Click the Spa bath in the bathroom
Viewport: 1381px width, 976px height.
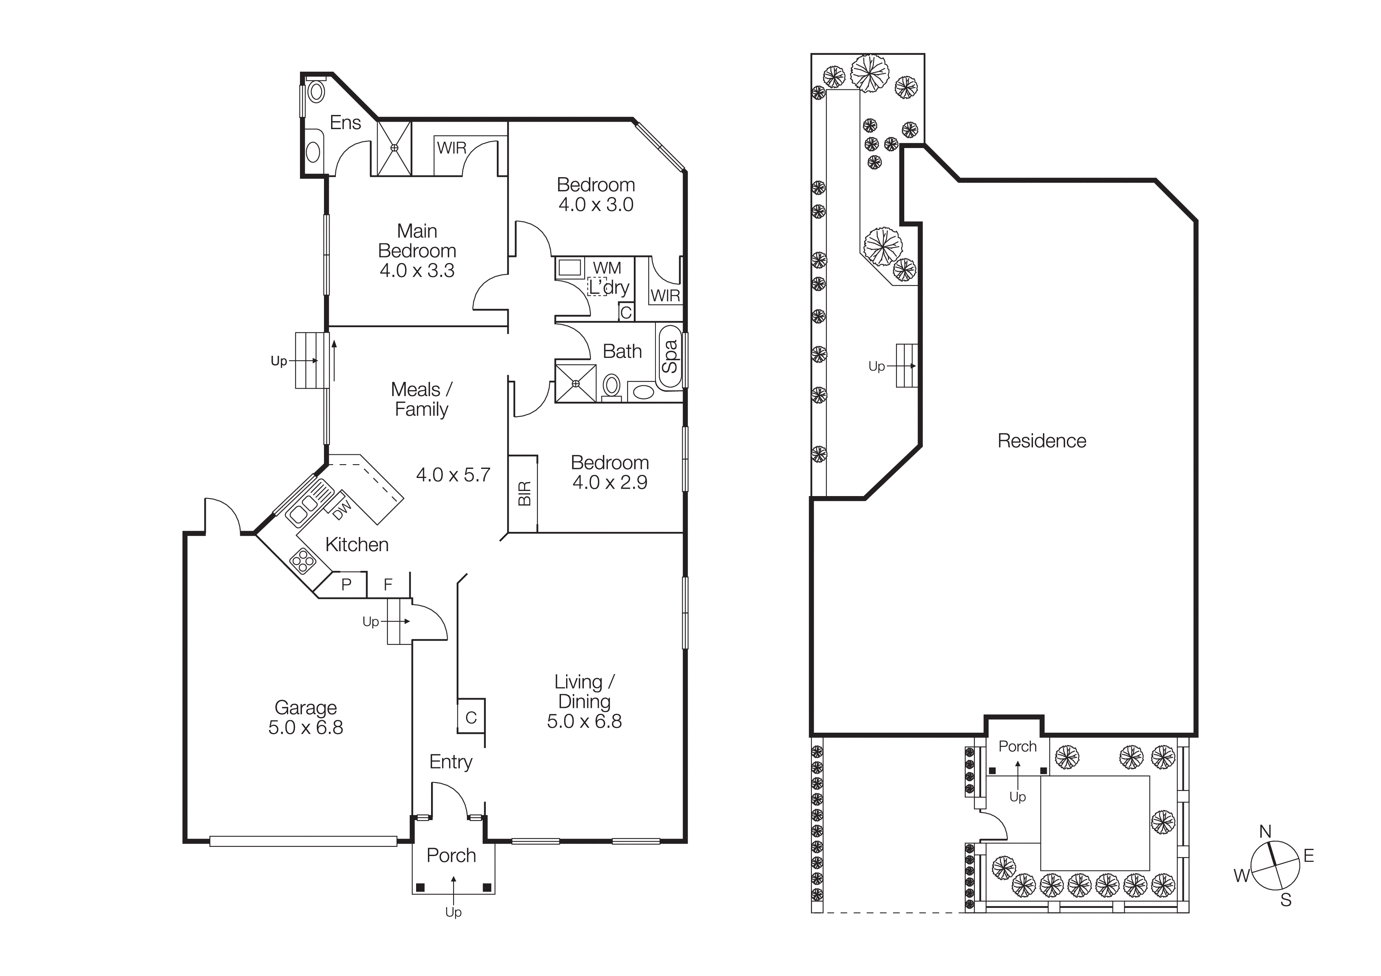pyautogui.click(x=670, y=357)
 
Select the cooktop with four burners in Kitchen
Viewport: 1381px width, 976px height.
pyautogui.click(x=303, y=561)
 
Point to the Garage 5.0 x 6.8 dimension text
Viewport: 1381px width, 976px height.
pyautogui.click(x=305, y=727)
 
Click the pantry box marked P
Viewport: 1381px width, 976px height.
pyautogui.click(x=346, y=585)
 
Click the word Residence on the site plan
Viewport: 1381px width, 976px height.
pyautogui.click(x=1042, y=441)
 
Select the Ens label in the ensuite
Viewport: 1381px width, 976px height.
pyautogui.click(x=345, y=123)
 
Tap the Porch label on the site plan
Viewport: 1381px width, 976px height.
pyautogui.click(x=1017, y=746)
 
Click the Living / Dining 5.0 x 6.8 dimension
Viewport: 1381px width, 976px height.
pyautogui.click(x=584, y=721)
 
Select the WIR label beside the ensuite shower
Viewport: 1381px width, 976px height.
pyautogui.click(x=452, y=148)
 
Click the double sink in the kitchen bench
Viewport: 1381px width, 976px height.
pyautogui.click(x=304, y=509)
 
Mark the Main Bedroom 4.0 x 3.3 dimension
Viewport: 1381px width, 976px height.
pyautogui.click(x=417, y=270)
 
